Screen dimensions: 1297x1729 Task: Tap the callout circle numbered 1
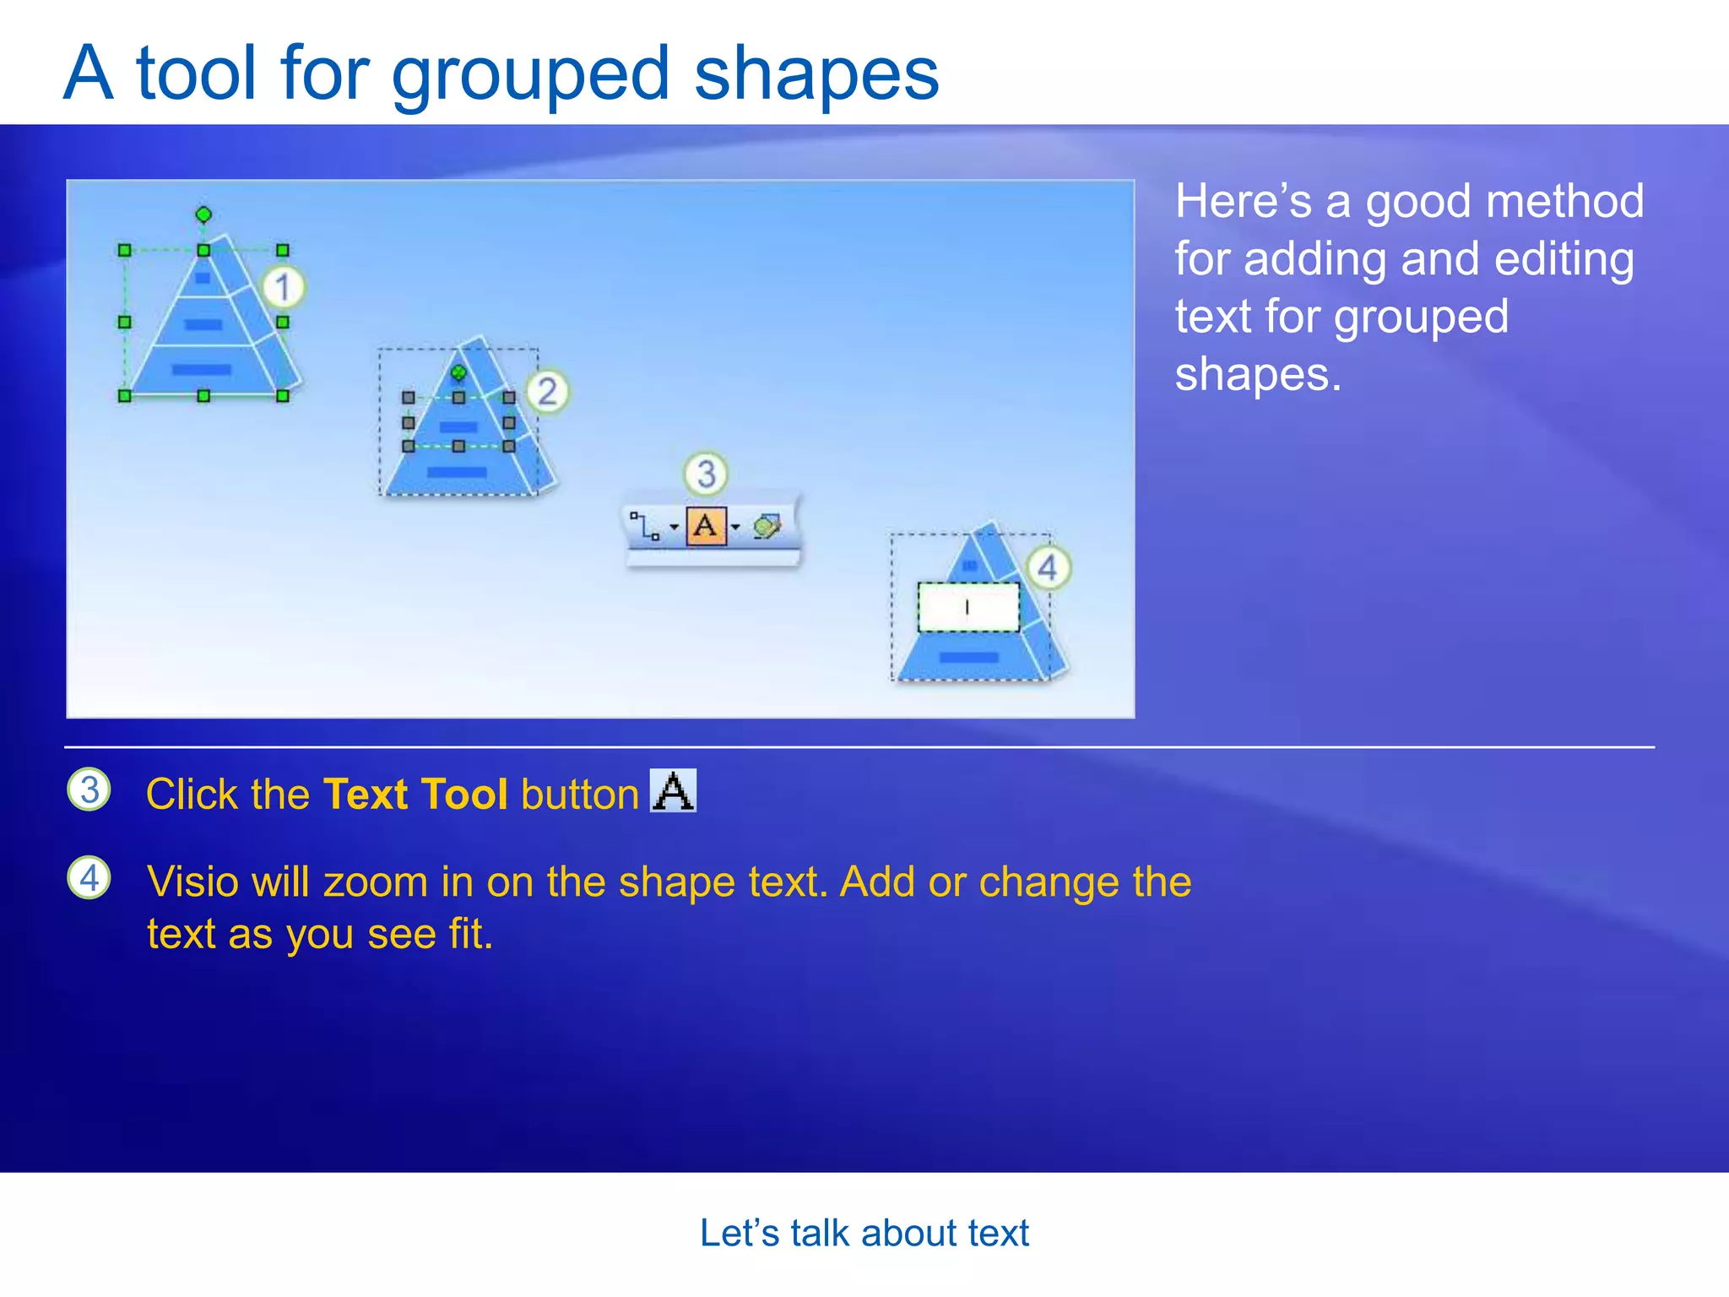[283, 287]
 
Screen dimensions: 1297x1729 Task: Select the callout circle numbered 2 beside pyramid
[548, 392]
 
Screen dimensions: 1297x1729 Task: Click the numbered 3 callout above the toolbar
[706, 474]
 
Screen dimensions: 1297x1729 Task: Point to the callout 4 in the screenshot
[1048, 567]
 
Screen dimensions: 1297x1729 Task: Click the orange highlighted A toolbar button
[706, 527]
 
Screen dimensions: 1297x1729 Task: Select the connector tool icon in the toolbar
[646, 527]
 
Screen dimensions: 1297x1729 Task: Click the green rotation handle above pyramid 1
[203, 214]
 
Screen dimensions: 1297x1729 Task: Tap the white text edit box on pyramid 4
[968, 607]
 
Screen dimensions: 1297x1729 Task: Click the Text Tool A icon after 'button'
[673, 790]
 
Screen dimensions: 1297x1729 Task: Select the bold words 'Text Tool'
[415, 795]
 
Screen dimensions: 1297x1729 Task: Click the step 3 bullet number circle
[89, 790]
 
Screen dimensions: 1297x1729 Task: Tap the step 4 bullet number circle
[89, 877]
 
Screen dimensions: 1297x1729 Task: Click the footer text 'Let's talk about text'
[864, 1233]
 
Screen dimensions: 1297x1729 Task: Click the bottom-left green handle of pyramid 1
[125, 395]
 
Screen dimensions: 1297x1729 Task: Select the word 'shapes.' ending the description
[1258, 374]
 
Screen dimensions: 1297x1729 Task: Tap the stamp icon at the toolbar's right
[767, 527]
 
